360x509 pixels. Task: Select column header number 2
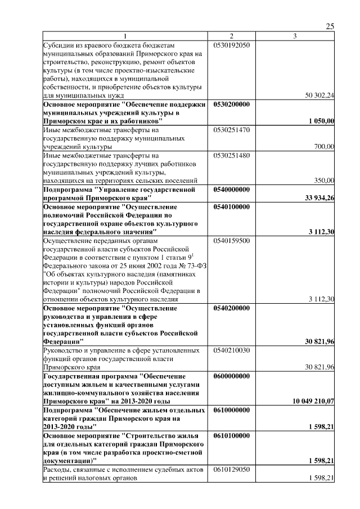point(231,37)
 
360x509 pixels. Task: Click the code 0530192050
point(231,44)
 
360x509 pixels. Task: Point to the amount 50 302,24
point(319,96)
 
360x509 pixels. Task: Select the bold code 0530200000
point(231,104)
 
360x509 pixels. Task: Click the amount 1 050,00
point(322,121)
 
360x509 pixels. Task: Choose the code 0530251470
point(231,129)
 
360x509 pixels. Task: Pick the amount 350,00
point(324,180)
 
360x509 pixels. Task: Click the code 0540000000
point(231,189)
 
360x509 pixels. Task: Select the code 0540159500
point(231,240)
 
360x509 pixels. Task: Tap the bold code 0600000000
point(231,375)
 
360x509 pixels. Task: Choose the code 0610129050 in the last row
point(231,469)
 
